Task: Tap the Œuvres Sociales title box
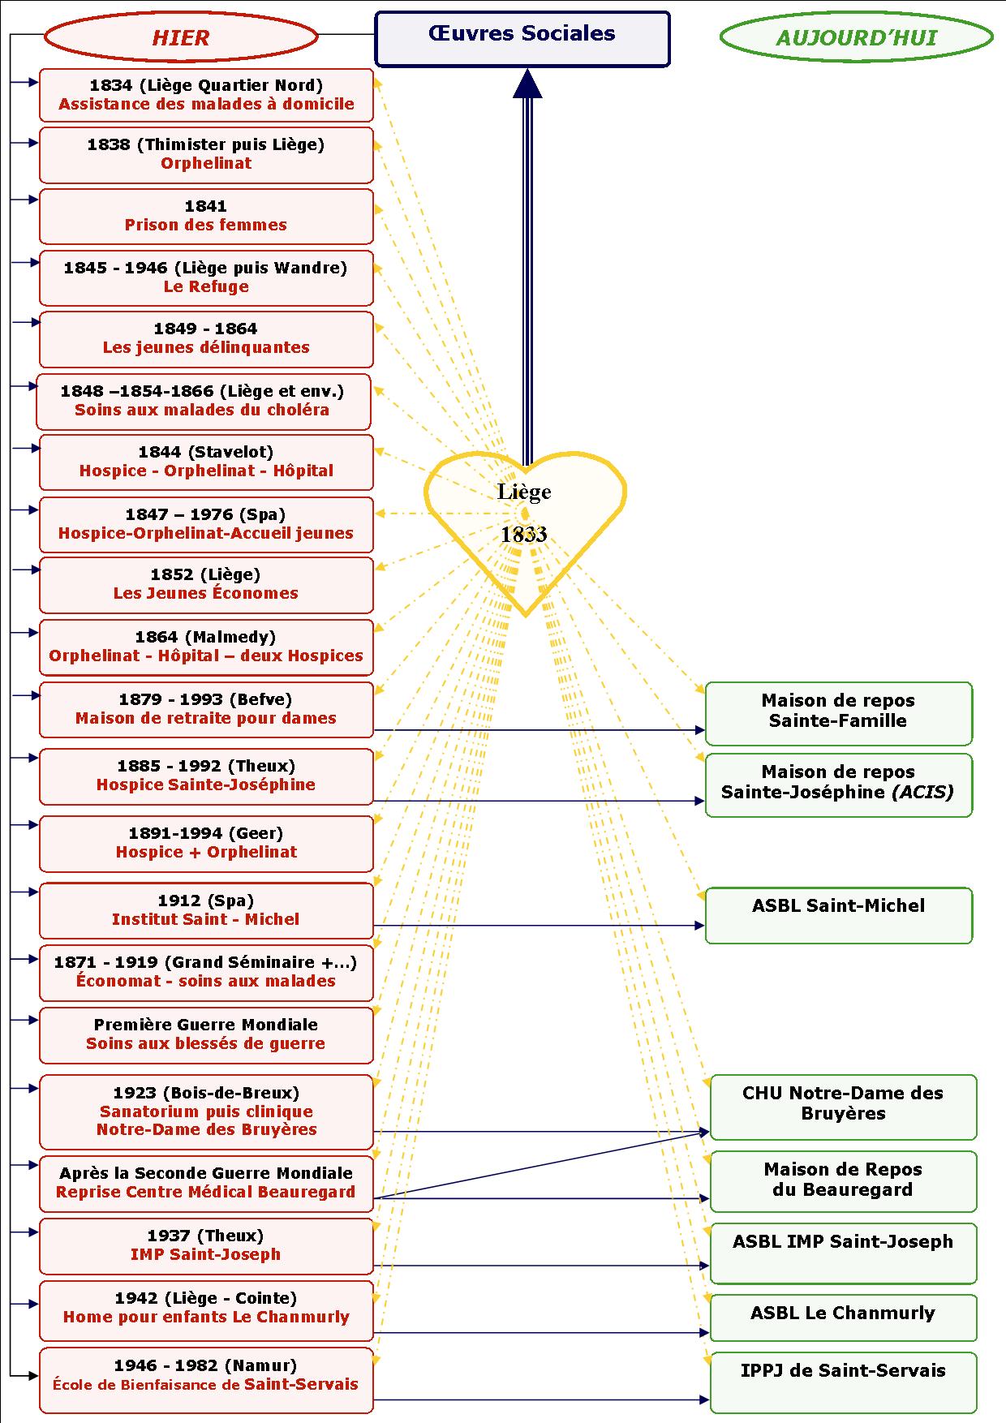pyautogui.click(x=522, y=38)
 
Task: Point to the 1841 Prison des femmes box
pyautogui.click(x=206, y=216)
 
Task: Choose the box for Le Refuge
pyautogui.click(x=206, y=277)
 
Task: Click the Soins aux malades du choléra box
pyautogui.click(x=203, y=401)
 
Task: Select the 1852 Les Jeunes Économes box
pyautogui.click(x=206, y=584)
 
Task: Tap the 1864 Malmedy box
pyautogui.click(x=206, y=647)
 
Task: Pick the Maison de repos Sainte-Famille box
pyautogui.click(x=838, y=713)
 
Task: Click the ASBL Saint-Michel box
pyautogui.click(x=838, y=915)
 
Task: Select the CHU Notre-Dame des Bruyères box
pyautogui.click(x=843, y=1107)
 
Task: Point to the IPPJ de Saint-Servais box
pyautogui.click(x=843, y=1382)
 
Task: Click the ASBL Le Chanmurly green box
pyautogui.click(x=843, y=1317)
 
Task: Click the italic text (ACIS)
pyautogui.click(x=922, y=792)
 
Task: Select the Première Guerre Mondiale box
pyautogui.click(x=206, y=1034)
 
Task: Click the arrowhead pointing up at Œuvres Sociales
pyautogui.click(x=527, y=83)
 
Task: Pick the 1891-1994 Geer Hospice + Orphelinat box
pyautogui.click(x=206, y=843)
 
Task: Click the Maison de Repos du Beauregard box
pyautogui.click(x=843, y=1180)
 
